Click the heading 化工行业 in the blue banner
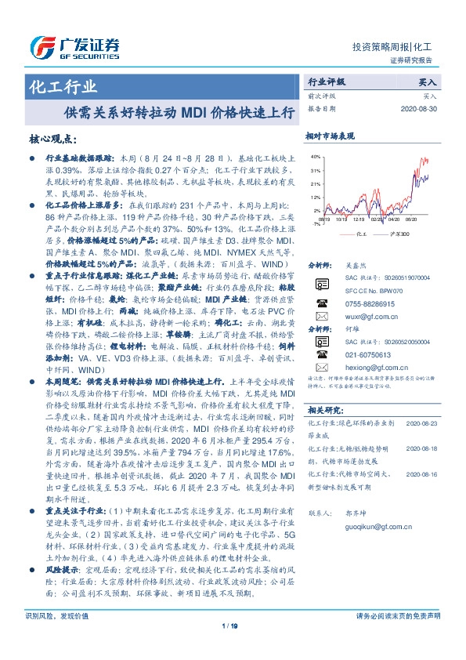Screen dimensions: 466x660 (63, 86)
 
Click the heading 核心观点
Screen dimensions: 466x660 (53, 140)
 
